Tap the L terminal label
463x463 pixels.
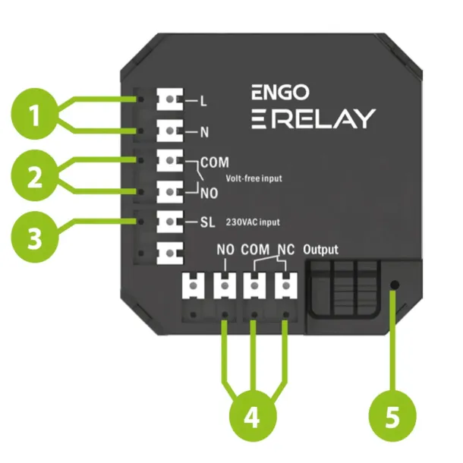tap(203, 99)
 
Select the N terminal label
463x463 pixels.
tap(203, 132)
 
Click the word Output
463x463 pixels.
tap(320, 249)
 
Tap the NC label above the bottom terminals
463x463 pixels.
tap(283, 248)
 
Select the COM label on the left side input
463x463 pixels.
tap(215, 162)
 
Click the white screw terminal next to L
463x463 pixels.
tap(171, 99)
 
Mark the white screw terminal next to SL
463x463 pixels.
tap(171, 222)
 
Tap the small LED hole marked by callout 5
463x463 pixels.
tap(394, 286)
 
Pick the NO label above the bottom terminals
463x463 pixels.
tap(225, 248)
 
